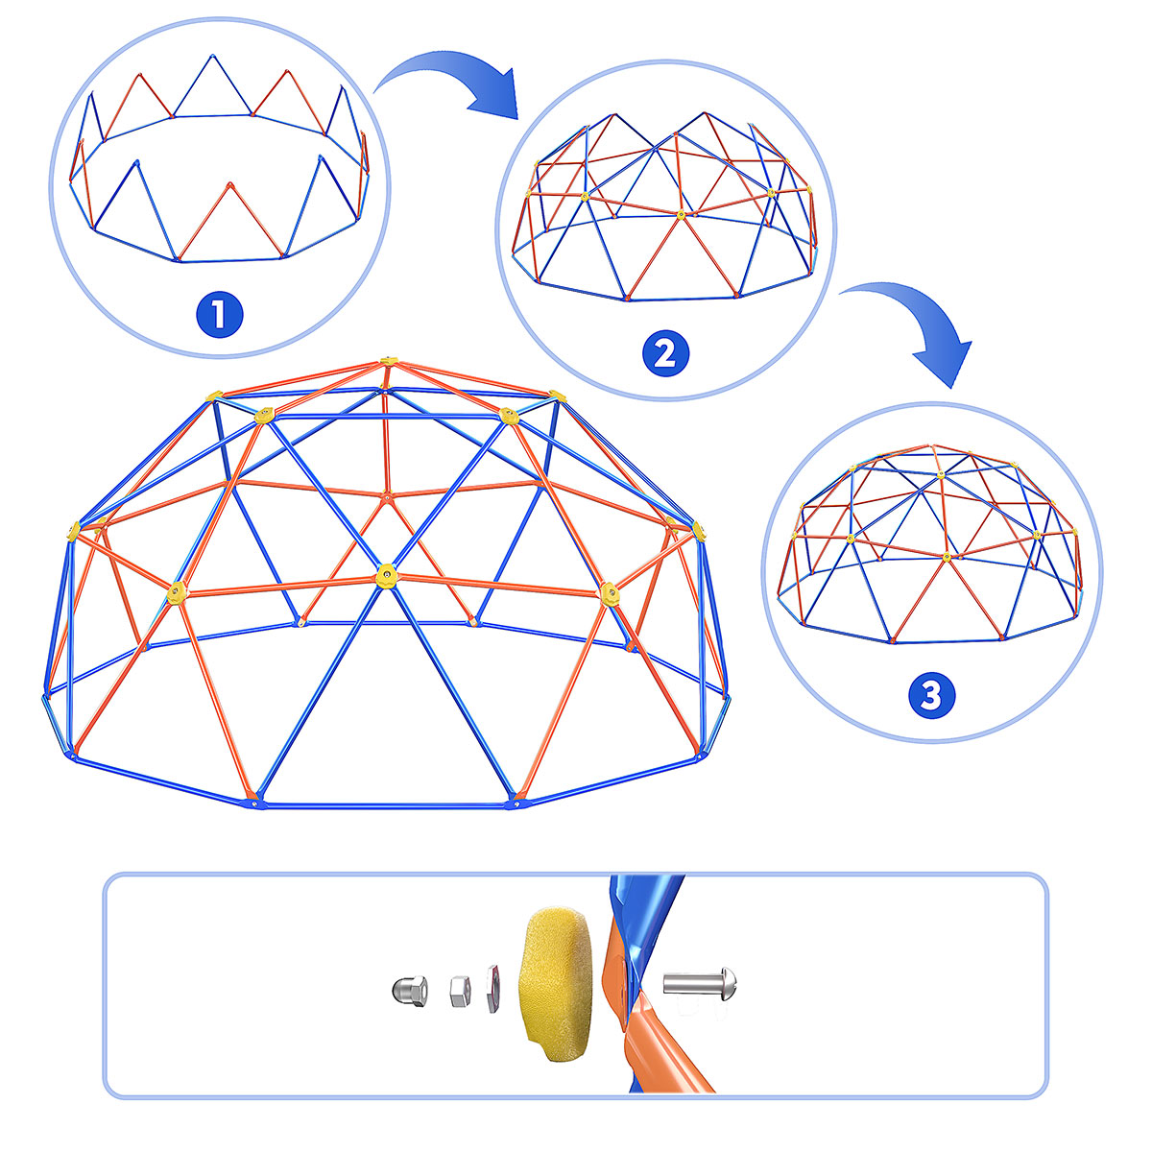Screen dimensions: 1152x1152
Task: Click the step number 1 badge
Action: click(x=220, y=314)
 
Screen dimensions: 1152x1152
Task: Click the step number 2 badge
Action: click(x=665, y=353)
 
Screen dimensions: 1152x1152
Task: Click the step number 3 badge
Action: click(x=931, y=695)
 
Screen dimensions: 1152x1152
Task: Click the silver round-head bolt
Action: click(x=700, y=983)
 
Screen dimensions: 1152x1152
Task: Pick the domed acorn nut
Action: click(x=410, y=991)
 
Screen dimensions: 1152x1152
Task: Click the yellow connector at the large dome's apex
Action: click(x=389, y=361)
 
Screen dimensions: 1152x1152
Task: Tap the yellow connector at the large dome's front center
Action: click(x=387, y=575)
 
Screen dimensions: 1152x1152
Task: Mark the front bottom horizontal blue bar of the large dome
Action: click(x=384, y=805)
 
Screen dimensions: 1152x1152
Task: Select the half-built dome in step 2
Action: click(x=665, y=206)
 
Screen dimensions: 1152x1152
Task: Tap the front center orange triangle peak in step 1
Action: click(x=230, y=184)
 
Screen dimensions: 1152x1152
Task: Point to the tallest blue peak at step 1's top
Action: click(x=211, y=57)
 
